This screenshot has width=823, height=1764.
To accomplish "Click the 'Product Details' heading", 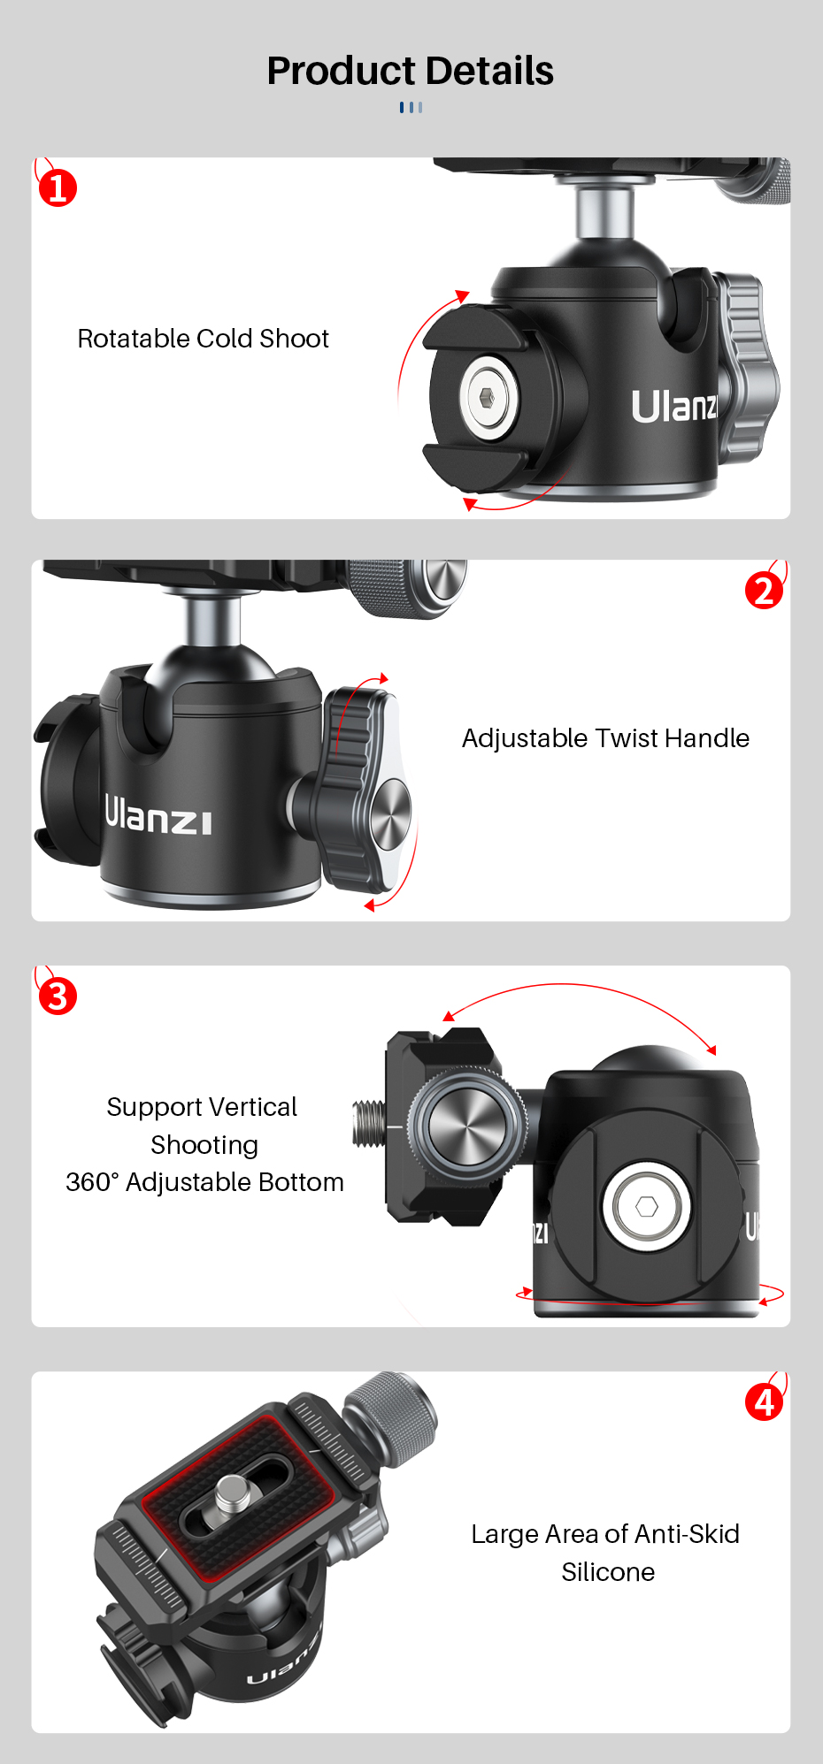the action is [411, 71].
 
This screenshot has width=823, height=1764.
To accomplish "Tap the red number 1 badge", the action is [58, 187].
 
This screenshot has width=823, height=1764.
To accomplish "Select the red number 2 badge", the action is [764, 591].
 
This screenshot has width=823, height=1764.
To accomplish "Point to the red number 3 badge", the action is [58, 997].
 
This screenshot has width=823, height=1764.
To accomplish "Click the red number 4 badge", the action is [764, 1401].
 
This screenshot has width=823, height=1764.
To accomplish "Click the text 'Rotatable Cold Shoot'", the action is [203, 339].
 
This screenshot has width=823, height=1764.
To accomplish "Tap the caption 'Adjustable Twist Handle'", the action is [605, 738].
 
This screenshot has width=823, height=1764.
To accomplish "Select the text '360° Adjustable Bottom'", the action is [204, 1182].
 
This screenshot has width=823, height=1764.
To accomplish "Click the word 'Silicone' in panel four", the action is [608, 1572].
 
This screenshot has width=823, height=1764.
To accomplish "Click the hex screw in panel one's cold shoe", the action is [486, 397].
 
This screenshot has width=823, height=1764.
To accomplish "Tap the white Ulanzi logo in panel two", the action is [158, 815].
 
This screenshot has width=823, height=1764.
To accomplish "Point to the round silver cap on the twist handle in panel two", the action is [388, 815].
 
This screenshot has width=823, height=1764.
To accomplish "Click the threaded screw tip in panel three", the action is [369, 1123].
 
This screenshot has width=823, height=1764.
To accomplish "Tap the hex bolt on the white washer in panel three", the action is [647, 1206].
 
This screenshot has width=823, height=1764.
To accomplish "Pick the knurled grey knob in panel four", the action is [394, 1415].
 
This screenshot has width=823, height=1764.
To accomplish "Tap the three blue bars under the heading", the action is [411, 107].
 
